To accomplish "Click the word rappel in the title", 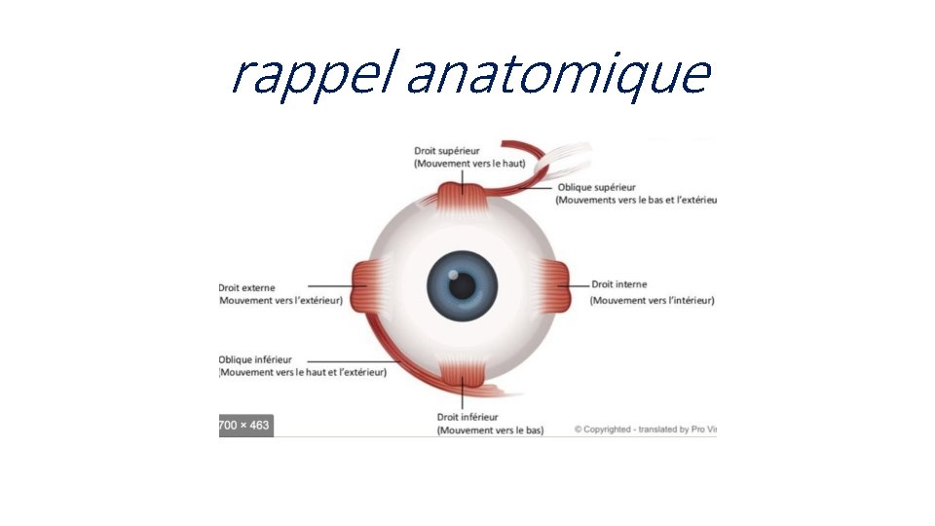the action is tap(311, 75).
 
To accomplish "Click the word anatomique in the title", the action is tap(557, 75).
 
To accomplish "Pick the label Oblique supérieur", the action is tap(596, 187).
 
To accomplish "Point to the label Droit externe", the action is tap(247, 287).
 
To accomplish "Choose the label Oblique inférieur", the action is tap(255, 359).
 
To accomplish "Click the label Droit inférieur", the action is tap(467, 417).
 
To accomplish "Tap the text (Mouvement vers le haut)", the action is tap(469, 164).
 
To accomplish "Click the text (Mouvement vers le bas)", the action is tap(490, 430).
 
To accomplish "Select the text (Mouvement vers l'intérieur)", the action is tap(652, 300).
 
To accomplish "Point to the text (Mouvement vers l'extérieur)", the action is tap(281, 300).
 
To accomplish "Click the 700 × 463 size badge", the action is tap(244, 426).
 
